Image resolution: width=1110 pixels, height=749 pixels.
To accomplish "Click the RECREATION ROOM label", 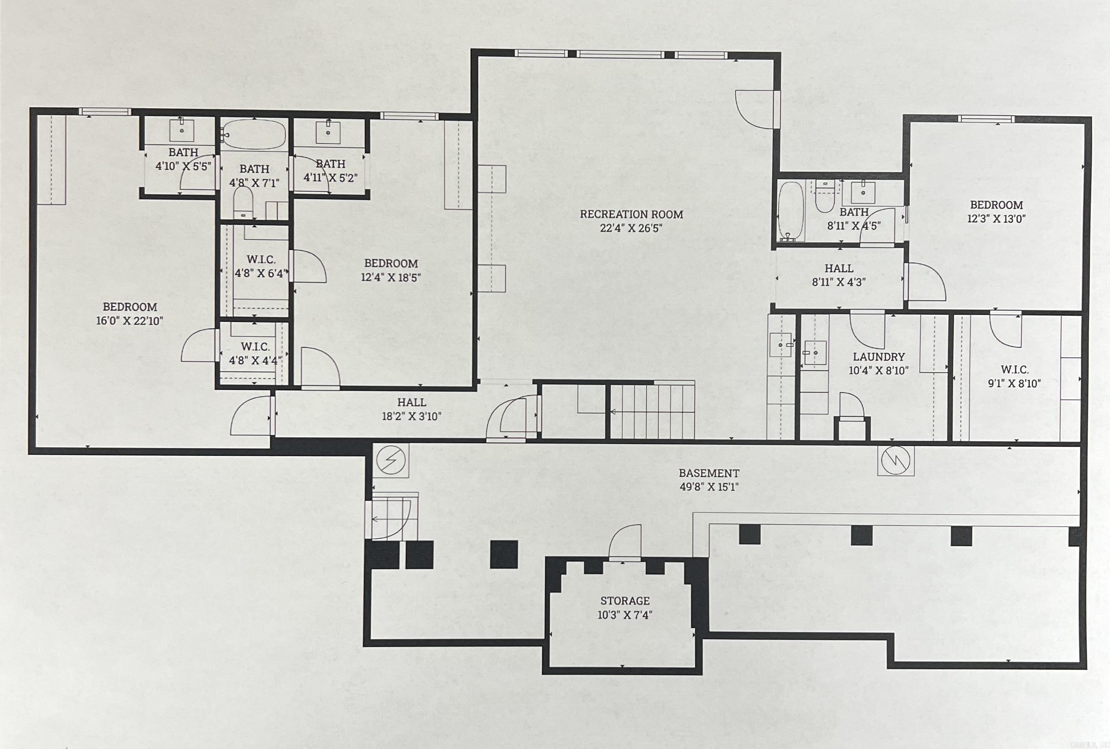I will [631, 214].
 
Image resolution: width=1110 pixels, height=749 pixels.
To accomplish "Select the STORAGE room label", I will [625, 601].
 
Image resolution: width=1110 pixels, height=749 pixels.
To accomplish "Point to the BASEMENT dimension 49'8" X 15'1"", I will [709, 487].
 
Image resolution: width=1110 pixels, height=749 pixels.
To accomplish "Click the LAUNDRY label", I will [879, 357].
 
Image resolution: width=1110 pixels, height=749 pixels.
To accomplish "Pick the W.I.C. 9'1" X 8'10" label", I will [1014, 376].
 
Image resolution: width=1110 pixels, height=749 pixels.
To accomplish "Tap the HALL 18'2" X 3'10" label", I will [411, 409].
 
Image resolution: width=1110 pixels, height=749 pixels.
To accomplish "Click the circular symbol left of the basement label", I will [391, 460].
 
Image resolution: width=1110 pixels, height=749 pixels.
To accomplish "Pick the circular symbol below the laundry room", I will [896, 460].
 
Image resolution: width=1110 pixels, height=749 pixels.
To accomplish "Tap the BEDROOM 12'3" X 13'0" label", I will [996, 212].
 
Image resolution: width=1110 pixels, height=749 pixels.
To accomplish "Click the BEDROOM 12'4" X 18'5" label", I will [391, 270].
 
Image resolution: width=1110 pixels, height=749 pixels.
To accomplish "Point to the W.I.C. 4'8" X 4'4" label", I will [255, 354].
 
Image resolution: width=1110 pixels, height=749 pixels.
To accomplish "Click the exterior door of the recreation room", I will [756, 109].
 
